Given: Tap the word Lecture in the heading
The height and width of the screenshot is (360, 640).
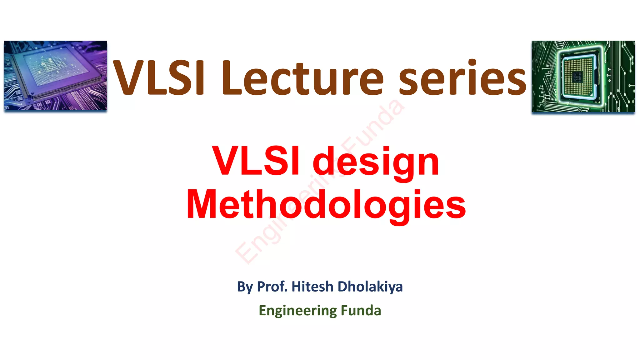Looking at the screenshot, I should tap(302, 77).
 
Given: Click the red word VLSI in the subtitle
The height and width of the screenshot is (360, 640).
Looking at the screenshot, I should tap(256, 161).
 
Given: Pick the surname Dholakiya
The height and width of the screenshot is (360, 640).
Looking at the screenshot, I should tap(370, 287).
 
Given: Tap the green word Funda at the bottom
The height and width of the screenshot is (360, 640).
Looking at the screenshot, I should tap(361, 310).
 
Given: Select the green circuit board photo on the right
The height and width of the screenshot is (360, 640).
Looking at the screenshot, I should tap(583, 76).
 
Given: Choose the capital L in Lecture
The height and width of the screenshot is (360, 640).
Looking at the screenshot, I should tap(232, 77).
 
